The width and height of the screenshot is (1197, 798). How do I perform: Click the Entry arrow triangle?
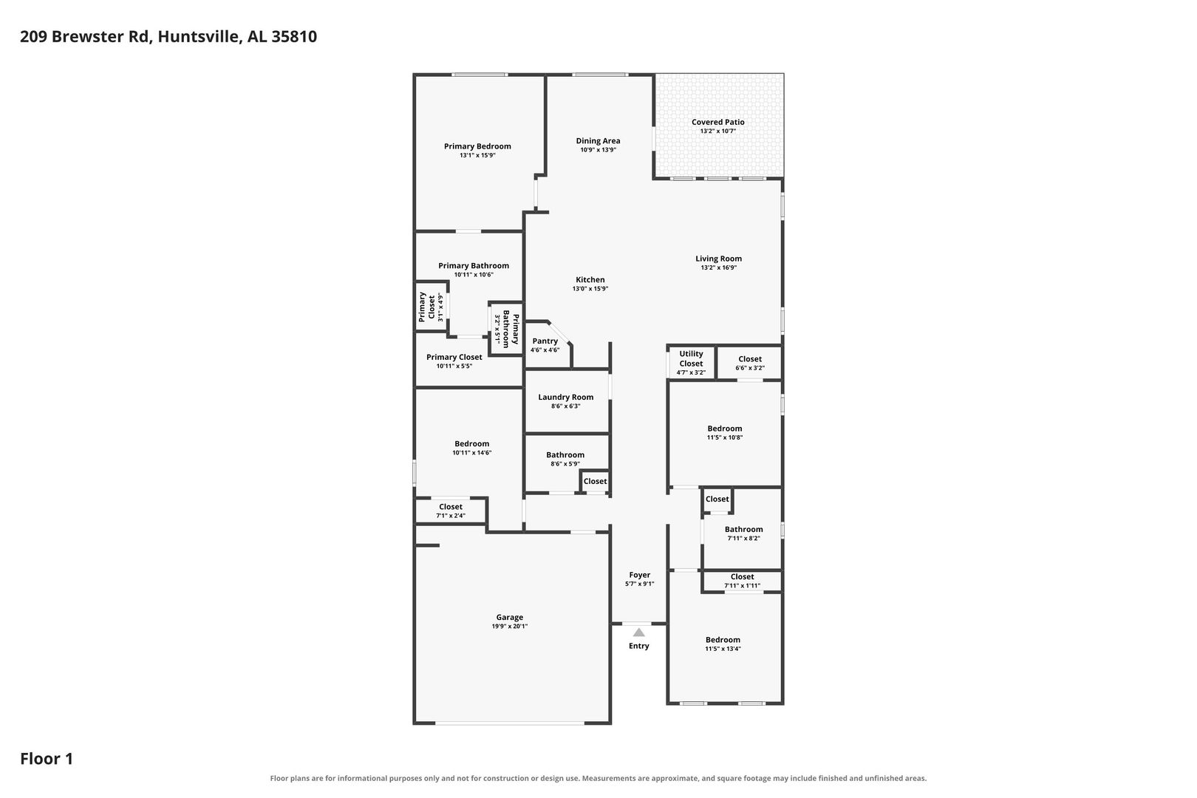click(638, 632)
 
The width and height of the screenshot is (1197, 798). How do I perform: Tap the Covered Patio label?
click(717, 122)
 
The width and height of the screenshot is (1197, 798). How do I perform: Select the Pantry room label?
click(545, 341)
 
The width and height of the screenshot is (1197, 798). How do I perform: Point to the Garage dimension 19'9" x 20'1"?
click(509, 627)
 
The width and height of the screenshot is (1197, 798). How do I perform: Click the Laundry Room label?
click(566, 397)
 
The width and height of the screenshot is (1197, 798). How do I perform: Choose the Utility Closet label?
click(691, 358)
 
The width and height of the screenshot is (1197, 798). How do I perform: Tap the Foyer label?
click(640, 575)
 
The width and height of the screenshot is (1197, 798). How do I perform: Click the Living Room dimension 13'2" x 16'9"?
click(719, 267)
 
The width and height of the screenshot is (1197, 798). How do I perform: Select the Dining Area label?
click(598, 141)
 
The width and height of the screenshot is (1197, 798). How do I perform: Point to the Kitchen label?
click(590, 279)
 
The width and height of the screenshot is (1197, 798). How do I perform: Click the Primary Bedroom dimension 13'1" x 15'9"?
click(478, 156)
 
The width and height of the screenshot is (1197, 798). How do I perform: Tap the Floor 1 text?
click(47, 759)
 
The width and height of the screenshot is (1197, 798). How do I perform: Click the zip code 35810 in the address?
click(294, 36)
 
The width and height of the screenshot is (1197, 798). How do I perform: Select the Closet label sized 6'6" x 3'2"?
click(750, 359)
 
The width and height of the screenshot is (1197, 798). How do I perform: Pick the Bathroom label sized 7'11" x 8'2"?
click(744, 530)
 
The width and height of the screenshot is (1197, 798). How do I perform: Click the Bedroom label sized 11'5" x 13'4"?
click(723, 640)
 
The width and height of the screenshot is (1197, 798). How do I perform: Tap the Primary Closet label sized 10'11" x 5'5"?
click(454, 357)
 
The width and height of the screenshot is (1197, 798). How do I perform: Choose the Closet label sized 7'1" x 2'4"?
click(451, 507)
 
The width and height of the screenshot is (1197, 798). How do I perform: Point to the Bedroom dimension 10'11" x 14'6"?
click(472, 453)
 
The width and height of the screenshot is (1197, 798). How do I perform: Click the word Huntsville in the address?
click(199, 36)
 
